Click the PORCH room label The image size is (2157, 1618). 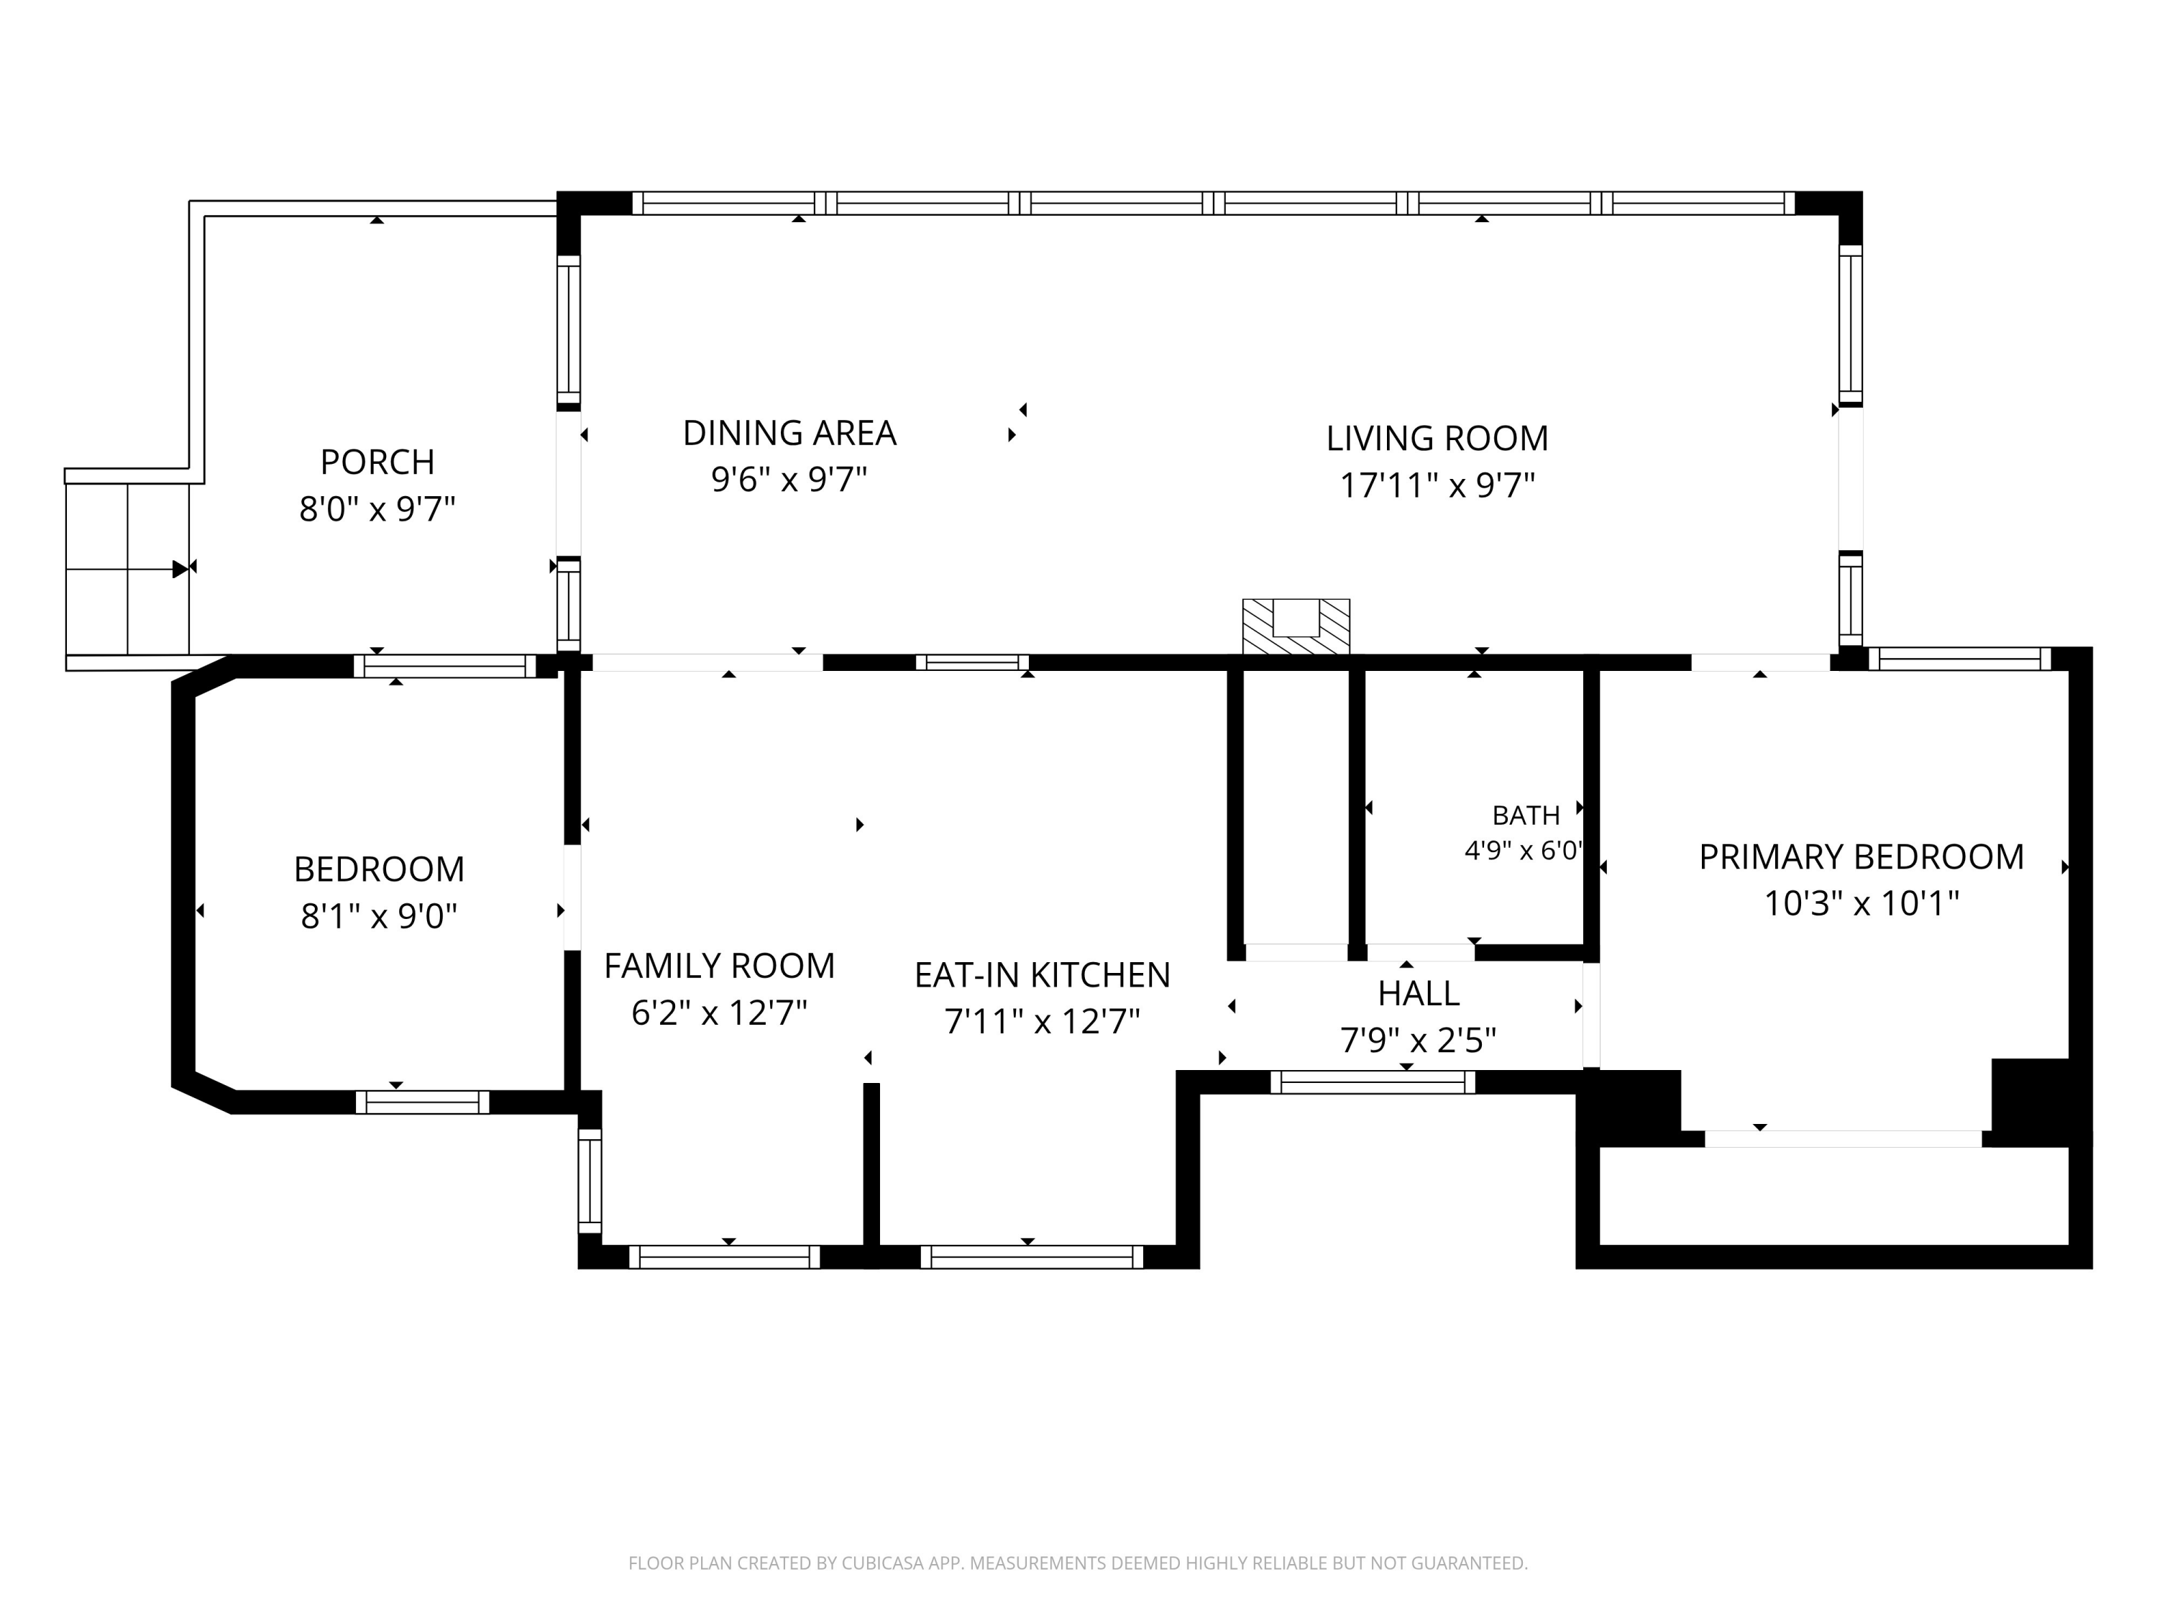click(x=377, y=462)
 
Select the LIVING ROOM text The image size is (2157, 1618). click(x=1437, y=439)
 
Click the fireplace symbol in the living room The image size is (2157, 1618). click(x=1296, y=626)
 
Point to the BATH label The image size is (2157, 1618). click(x=1526, y=815)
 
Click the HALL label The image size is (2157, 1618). click(x=1419, y=994)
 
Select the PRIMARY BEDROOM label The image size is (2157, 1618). click(x=1861, y=857)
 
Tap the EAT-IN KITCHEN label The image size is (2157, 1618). click(x=1043, y=975)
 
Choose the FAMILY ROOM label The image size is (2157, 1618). click(x=720, y=966)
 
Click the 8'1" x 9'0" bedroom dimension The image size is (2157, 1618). click(x=380, y=917)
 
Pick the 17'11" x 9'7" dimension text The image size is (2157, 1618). click(x=1437, y=485)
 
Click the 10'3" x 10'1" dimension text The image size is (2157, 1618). click(x=1861, y=904)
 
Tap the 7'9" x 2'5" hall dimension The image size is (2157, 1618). click(x=1419, y=1041)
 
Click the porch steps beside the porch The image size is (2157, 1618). click(x=127, y=569)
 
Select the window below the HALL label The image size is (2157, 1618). click(x=1373, y=1082)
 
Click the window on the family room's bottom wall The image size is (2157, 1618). click(x=725, y=1257)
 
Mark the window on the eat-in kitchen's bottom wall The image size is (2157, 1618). click(x=1032, y=1257)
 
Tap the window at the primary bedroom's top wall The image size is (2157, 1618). click(x=1960, y=659)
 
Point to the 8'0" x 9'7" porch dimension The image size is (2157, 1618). click(x=377, y=509)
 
